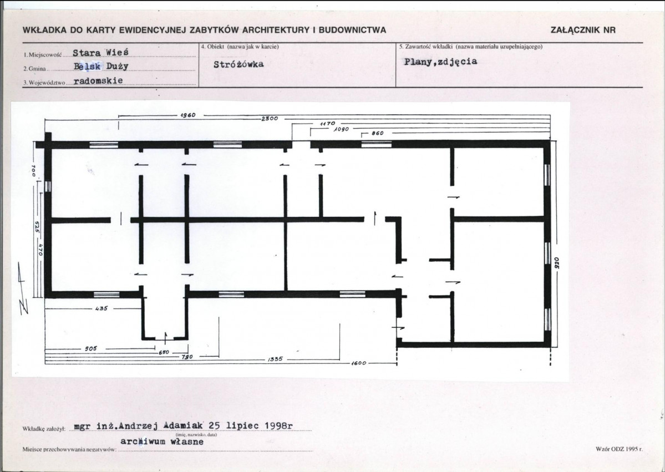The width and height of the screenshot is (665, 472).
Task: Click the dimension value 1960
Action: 188,115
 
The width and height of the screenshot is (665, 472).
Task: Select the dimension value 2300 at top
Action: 270,118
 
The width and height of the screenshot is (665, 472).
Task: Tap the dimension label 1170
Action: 327,123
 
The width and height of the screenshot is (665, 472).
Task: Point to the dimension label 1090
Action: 341,129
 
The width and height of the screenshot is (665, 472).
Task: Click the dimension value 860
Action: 378,133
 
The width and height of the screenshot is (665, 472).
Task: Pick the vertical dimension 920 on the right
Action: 557,263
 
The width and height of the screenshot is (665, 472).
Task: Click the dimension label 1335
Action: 275,359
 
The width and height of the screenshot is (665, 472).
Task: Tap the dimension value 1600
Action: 358,363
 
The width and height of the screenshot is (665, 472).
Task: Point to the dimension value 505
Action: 91,349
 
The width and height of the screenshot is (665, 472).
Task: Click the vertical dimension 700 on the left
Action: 33,171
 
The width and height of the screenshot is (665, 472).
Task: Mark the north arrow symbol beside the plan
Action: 23,288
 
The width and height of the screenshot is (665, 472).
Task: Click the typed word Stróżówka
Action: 238,64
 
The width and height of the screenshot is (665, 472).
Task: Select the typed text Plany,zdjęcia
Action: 440,62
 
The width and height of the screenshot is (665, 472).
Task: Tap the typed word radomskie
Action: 98,80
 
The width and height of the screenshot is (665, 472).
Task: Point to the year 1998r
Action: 278,425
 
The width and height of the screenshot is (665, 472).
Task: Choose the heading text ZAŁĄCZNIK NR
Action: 583,30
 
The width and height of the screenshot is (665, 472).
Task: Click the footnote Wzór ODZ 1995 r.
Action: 619,448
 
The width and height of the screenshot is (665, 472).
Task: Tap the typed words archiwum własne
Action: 161,441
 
